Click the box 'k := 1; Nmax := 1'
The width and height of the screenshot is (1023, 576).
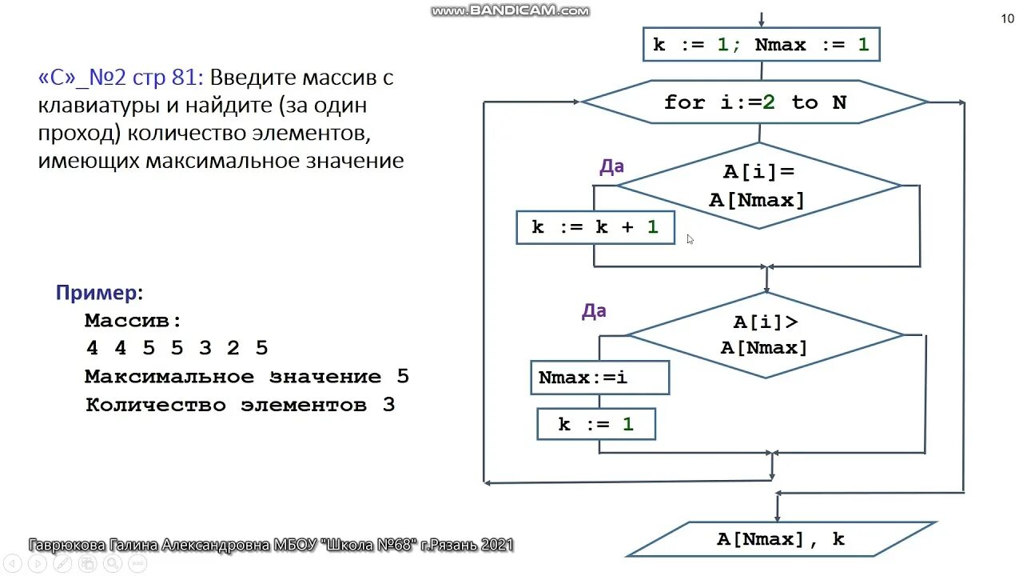(761, 45)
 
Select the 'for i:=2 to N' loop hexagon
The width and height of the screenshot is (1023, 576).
(755, 102)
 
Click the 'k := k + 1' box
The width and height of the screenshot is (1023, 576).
(595, 227)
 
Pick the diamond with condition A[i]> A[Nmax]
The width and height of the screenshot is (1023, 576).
(764, 334)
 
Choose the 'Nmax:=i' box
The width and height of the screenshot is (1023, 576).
(599, 378)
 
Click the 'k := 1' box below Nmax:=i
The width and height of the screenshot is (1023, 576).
(596, 424)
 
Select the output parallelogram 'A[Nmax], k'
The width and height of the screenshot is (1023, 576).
(780, 539)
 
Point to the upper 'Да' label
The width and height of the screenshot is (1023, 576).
(611, 167)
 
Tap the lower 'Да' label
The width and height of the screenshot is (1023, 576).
(594, 311)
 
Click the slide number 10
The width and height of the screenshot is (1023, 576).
(1007, 19)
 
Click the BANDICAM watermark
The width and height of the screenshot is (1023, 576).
(510, 11)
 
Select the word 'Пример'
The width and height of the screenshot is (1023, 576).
(97, 293)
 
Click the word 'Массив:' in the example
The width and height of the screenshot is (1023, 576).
(133, 321)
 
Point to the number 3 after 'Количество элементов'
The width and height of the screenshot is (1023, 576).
(388, 405)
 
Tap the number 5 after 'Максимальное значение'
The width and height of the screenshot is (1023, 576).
(402, 377)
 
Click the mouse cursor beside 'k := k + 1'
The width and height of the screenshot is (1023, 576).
(690, 238)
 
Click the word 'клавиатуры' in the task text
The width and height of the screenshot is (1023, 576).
(102, 106)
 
